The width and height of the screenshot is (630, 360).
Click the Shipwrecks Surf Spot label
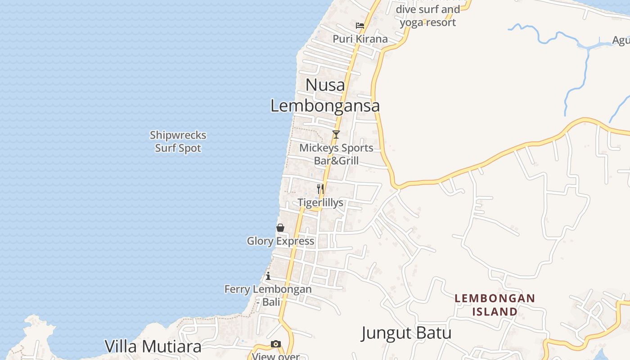tap(178, 141)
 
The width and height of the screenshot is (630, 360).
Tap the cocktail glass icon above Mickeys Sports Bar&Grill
tap(336, 134)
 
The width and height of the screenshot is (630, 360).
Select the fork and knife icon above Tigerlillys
tap(320, 189)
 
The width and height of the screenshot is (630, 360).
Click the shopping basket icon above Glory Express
tap(280, 228)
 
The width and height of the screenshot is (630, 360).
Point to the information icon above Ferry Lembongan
tap(268, 276)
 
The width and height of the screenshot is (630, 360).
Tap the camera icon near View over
tap(276, 344)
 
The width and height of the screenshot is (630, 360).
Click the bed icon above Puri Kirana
tap(360, 26)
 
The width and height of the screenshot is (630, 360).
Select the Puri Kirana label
tap(360, 39)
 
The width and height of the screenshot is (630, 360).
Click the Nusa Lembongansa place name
tap(325, 95)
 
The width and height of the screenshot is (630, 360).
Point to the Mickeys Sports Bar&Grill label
tap(337, 154)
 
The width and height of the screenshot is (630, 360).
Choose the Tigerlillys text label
tap(320, 202)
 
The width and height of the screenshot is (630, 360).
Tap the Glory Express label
tap(280, 241)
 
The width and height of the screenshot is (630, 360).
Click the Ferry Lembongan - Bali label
tap(268, 295)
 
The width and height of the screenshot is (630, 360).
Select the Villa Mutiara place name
tap(153, 346)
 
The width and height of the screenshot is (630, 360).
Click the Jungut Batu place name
tap(406, 333)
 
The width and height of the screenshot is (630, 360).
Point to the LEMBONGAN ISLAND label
tap(495, 305)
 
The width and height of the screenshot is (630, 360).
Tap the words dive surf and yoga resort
tap(427, 16)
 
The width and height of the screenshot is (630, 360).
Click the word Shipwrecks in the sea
tap(178, 135)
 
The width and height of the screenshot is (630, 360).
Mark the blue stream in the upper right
tap(580, 76)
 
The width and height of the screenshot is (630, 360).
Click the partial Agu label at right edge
tap(621, 40)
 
